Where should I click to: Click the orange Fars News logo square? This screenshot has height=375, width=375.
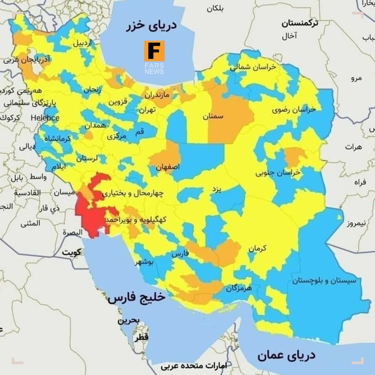coord(154,51)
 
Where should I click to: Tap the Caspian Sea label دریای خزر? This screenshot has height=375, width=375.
coord(151,26)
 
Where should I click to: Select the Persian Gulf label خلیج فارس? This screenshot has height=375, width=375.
coord(136,298)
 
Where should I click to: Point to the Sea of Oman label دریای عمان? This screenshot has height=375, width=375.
coord(286,355)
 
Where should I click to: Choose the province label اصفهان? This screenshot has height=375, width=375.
coord(168,167)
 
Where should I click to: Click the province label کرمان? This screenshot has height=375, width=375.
coord(257,248)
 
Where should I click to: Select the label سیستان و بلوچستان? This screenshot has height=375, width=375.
coord(324,281)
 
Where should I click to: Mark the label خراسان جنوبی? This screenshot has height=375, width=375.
coord(278,173)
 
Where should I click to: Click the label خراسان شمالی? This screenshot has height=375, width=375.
coord(253,67)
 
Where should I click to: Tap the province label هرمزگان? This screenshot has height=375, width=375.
coord(239,288)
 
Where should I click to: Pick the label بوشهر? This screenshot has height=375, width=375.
coord(144,262)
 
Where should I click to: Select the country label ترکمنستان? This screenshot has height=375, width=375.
coord(300,24)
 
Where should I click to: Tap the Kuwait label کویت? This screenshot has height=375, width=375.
coord(72,252)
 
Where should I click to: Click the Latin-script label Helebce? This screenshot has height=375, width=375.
coord(45,118)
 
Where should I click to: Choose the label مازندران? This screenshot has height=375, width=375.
coord(157,94)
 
